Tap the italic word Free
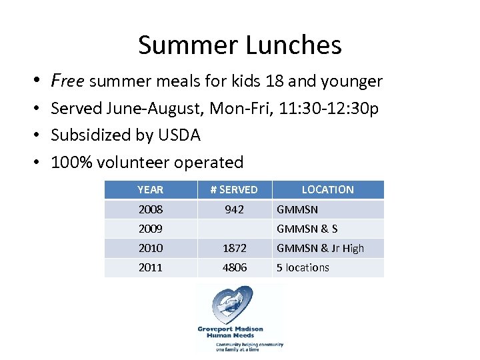(x=67, y=81)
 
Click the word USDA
(x=179, y=135)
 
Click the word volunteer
(x=132, y=162)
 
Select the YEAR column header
(x=150, y=189)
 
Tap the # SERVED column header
(x=234, y=189)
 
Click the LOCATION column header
(x=327, y=189)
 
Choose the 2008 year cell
(x=150, y=209)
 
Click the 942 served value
(x=234, y=209)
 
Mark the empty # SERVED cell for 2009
(x=234, y=229)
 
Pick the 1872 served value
(x=234, y=248)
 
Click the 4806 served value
(x=234, y=267)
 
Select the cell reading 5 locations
(x=303, y=267)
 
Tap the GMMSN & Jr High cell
(x=320, y=248)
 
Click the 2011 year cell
(x=150, y=267)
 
